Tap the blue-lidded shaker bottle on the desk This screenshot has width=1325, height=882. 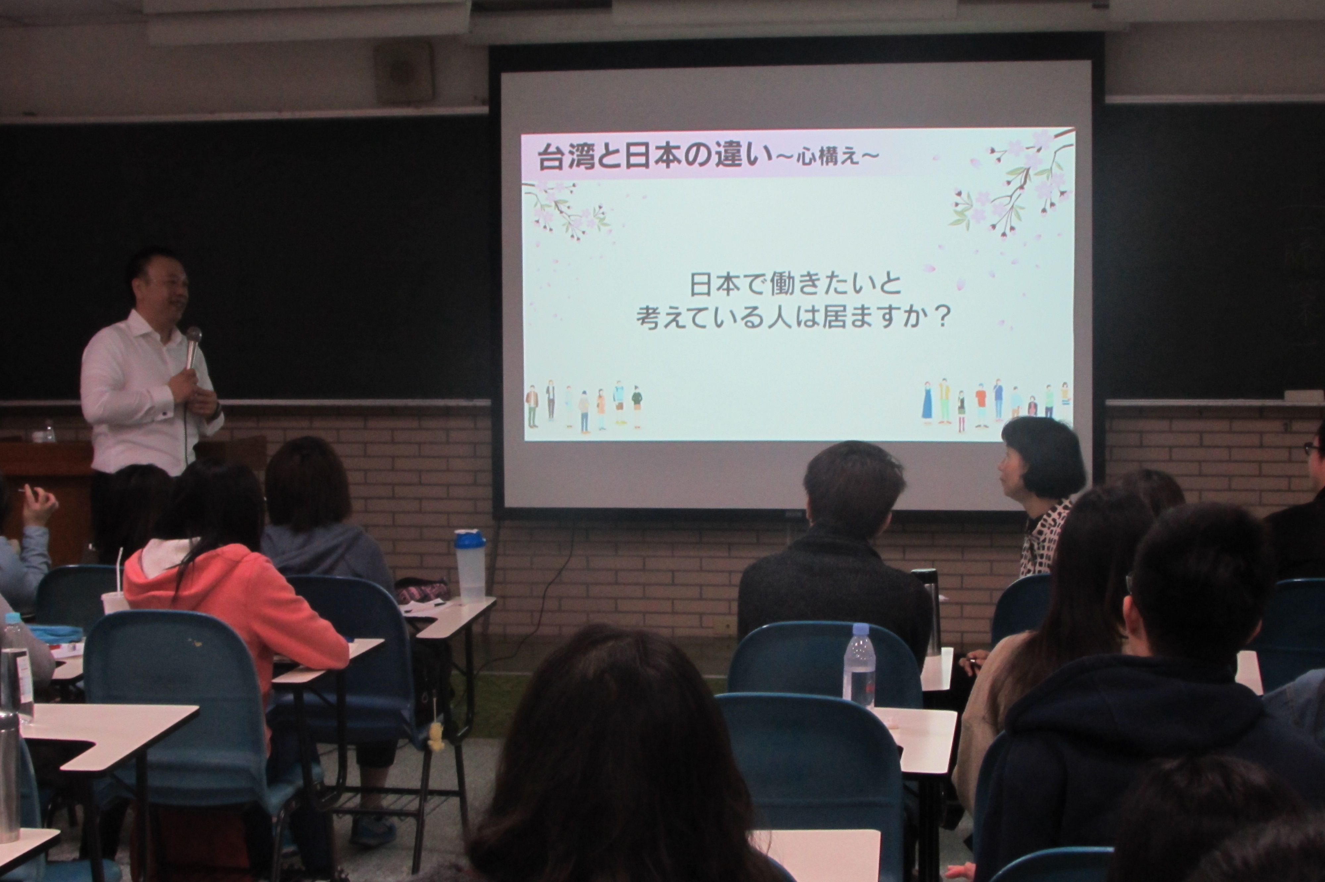pos(470,565)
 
